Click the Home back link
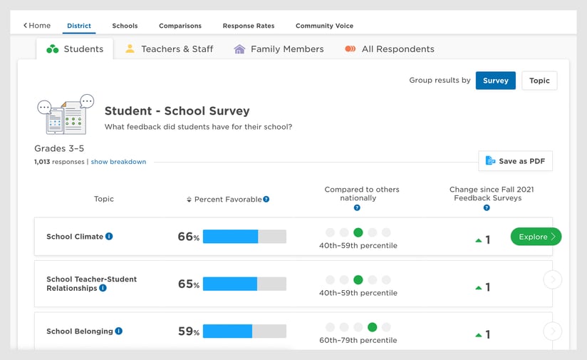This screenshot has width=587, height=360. point(37,26)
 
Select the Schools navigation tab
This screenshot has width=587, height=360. point(125,26)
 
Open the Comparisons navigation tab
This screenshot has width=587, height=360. point(180,26)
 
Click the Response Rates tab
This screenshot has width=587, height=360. point(248,26)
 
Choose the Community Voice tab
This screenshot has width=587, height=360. point(324,26)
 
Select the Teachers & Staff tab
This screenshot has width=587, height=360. point(169,49)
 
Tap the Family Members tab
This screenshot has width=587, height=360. point(279,49)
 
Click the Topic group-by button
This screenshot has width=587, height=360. point(539,81)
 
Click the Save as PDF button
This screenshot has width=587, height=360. point(515,161)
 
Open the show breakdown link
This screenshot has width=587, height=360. point(118,162)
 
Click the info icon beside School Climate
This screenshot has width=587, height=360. point(109,237)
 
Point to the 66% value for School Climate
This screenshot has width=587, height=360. point(188,237)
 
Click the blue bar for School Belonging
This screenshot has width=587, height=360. point(227,331)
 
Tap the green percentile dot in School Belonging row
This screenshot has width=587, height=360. point(372,327)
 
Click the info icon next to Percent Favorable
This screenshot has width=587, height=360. point(266,200)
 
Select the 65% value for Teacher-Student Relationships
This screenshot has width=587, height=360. point(188,284)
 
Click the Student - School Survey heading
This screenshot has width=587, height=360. point(177,111)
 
